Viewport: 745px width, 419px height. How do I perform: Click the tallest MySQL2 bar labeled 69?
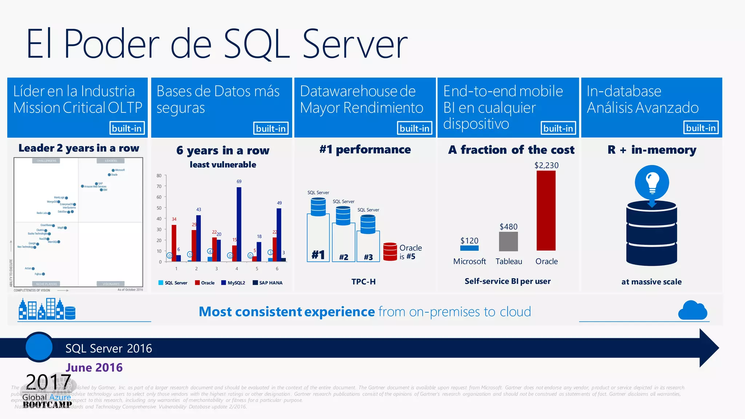(x=239, y=224)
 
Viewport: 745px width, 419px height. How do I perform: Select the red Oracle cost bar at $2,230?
(x=546, y=210)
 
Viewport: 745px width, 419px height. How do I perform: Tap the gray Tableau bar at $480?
(x=508, y=241)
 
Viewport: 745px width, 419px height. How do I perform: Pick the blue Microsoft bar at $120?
(x=469, y=248)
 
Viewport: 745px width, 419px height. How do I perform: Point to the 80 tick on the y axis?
(x=159, y=175)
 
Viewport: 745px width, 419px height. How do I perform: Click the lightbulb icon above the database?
(x=652, y=182)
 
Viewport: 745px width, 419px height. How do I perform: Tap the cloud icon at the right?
(x=693, y=311)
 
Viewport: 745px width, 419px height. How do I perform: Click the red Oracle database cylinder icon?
(x=390, y=252)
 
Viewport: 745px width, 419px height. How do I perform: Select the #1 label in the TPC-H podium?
(x=318, y=254)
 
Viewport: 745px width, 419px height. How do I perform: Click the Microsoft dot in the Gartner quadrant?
(x=113, y=170)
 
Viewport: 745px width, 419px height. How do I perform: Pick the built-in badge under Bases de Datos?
(x=271, y=129)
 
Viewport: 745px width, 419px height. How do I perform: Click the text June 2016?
(x=94, y=368)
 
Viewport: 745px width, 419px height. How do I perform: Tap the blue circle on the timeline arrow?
(x=39, y=347)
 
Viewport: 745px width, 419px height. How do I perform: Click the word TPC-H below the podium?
(x=363, y=281)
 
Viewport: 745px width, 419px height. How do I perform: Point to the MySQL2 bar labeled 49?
(x=279, y=234)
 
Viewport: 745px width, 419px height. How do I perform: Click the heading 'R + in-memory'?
(x=652, y=150)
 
